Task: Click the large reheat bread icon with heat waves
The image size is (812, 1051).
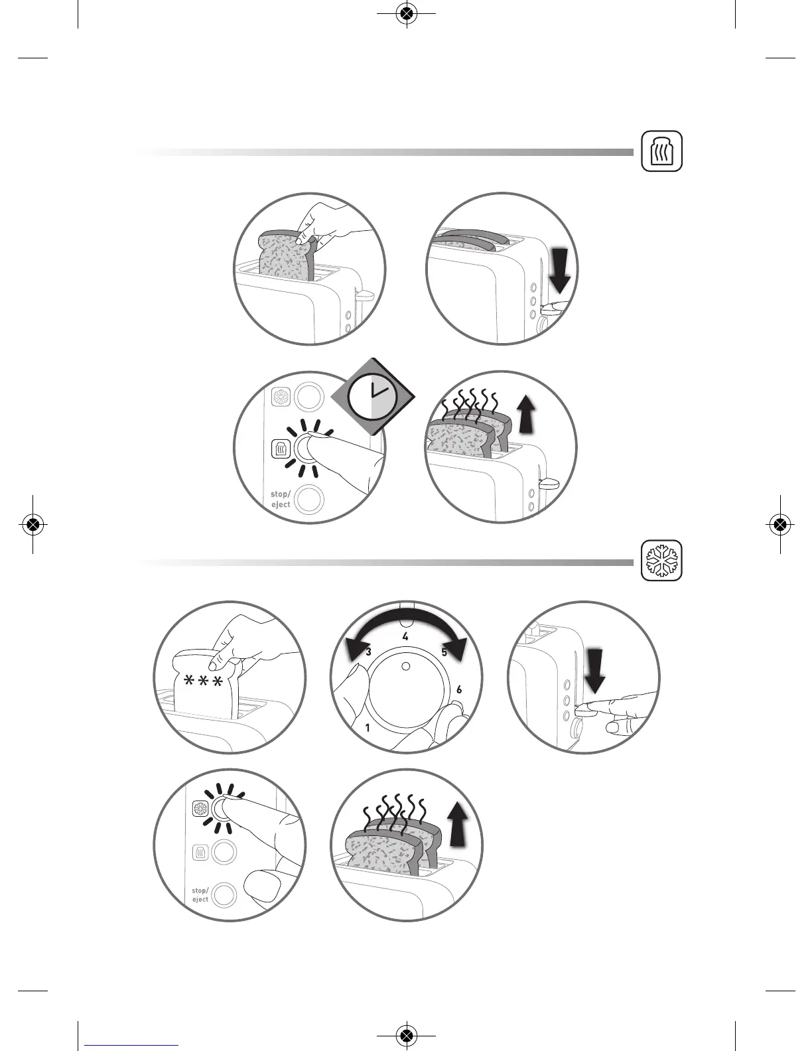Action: tap(662, 151)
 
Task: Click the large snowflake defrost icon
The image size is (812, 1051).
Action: tap(662, 561)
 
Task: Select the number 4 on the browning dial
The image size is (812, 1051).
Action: tap(405, 637)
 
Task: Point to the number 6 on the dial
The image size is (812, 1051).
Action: tap(459, 690)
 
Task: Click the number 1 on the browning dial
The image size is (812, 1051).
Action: tap(368, 728)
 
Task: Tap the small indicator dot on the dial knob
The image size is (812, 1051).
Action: tap(406, 666)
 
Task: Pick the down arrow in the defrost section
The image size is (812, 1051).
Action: tap(595, 671)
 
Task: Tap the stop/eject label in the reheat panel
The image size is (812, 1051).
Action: tap(281, 499)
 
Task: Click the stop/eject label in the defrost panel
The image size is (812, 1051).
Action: tap(200, 895)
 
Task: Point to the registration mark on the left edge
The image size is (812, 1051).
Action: tap(33, 525)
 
